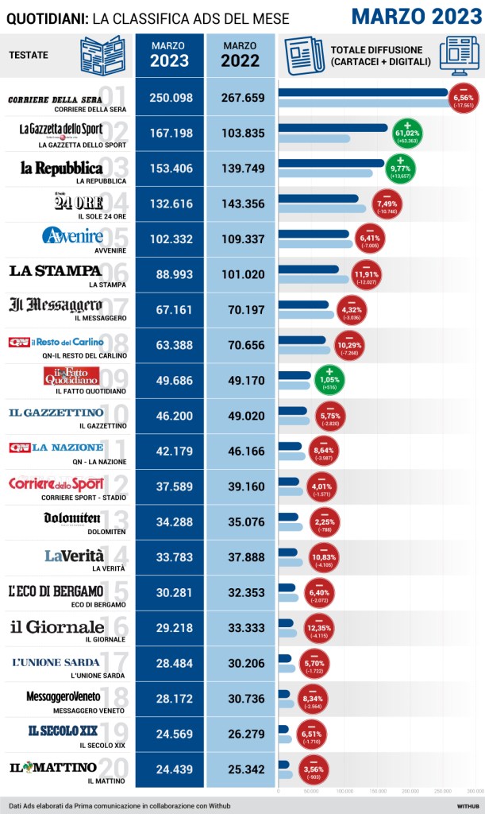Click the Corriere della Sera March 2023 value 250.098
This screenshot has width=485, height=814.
pos(171,98)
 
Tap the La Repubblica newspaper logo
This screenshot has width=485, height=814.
pos(62,168)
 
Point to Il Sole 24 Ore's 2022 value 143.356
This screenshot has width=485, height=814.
pos(243,204)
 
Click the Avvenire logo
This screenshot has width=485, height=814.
pos(73,236)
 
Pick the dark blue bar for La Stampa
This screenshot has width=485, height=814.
pos(309,269)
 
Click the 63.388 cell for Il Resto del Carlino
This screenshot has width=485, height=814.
pos(171,346)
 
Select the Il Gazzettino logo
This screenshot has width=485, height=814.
pos(56,413)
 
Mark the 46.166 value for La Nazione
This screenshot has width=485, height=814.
pos(243,452)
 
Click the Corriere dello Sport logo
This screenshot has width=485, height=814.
pos(56,484)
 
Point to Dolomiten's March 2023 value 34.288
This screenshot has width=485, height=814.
pos(171,523)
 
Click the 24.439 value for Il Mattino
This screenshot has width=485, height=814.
pos(171,770)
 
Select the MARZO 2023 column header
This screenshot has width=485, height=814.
pos(170,55)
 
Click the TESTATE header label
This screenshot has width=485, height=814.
pos(29,55)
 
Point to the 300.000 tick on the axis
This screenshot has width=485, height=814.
pos(475,792)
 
